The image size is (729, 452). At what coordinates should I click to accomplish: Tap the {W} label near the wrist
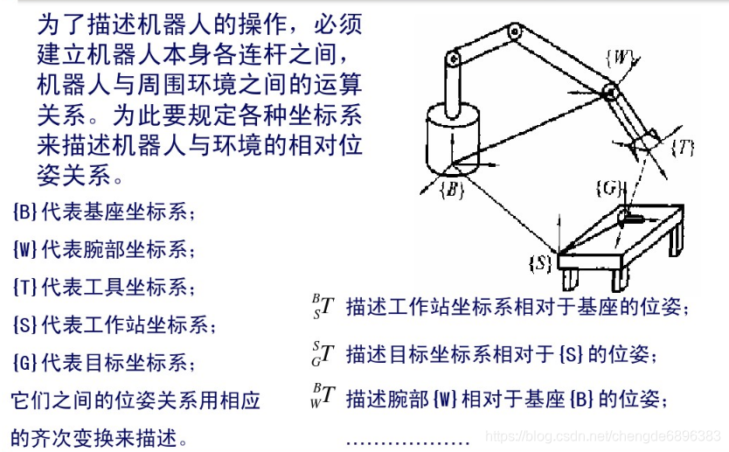(621, 58)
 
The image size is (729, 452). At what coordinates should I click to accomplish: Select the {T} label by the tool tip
(683, 149)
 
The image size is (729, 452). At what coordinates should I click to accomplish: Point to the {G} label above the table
(608, 188)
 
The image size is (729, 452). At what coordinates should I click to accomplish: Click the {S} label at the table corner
(540, 263)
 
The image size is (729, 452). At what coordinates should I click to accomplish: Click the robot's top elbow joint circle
(514, 31)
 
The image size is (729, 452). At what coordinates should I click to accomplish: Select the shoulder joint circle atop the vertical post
(453, 59)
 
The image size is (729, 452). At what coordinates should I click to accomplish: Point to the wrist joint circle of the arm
(610, 92)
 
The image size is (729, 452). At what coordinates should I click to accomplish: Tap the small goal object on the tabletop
(630, 217)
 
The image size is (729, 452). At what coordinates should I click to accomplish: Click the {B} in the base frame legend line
(25, 212)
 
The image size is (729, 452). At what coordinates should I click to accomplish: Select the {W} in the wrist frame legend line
(25, 250)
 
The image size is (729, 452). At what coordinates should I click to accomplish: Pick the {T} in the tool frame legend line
(25, 287)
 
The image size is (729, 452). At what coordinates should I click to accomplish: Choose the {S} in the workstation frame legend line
(25, 324)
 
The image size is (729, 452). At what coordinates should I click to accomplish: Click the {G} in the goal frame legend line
(25, 362)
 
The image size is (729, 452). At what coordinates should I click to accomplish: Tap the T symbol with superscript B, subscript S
(323, 307)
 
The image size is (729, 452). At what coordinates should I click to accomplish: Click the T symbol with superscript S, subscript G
(323, 354)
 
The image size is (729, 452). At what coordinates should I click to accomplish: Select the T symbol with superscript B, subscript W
(323, 396)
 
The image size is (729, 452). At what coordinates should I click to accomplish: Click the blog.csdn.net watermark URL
(603, 436)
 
